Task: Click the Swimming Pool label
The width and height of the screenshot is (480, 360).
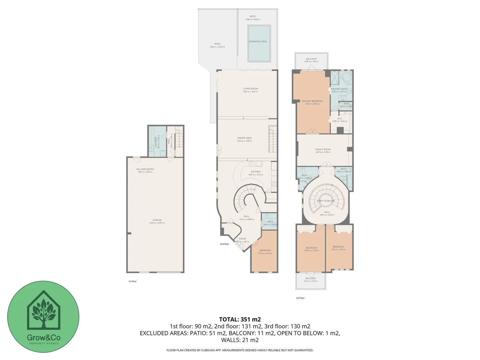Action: [x=258, y=42]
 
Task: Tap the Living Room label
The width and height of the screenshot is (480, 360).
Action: [x=250, y=89]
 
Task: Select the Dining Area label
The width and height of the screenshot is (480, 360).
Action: [x=244, y=138]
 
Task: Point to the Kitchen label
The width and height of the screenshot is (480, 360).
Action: [x=256, y=172]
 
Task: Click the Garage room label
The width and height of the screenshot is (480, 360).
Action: [x=157, y=220]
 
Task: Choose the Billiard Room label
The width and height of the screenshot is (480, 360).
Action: [x=145, y=169]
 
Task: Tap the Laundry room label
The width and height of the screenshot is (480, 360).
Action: [x=156, y=142]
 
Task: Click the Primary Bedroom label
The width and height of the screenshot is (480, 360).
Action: [x=312, y=101]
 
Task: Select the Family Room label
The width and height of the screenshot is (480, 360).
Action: [x=323, y=150]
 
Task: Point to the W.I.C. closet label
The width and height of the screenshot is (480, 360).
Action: [x=340, y=119]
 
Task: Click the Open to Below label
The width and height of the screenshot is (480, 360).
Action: [x=326, y=201]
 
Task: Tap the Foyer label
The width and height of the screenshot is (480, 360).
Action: [x=242, y=239]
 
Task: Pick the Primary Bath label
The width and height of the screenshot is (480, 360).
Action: [x=339, y=89]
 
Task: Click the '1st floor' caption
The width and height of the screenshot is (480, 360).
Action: [x=132, y=281]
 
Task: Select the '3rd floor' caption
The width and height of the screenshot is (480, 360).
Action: [x=300, y=298]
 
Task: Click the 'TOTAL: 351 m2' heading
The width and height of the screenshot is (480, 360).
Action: [x=240, y=319]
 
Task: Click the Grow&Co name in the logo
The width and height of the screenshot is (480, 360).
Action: [x=44, y=337]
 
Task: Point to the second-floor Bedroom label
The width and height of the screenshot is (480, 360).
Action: [x=265, y=250]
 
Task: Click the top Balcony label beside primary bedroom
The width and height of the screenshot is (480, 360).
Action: [x=311, y=59]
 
